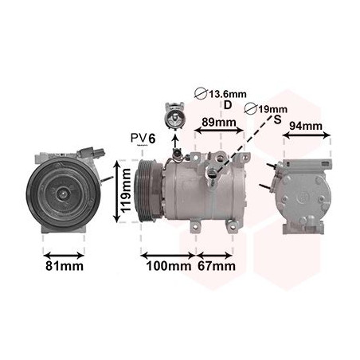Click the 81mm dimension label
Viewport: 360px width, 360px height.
point(65,266)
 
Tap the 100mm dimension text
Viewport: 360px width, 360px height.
point(169,266)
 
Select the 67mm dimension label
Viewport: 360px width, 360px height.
point(217,266)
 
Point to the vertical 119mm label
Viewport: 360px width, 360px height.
point(126,190)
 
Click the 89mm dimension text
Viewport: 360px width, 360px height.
point(219,123)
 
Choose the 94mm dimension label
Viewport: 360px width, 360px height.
point(306,126)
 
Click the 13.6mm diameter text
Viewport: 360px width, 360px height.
point(228,94)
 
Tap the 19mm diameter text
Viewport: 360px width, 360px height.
point(273,109)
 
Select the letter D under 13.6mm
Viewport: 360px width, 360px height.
point(228,105)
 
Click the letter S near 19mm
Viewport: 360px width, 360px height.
point(277,119)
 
